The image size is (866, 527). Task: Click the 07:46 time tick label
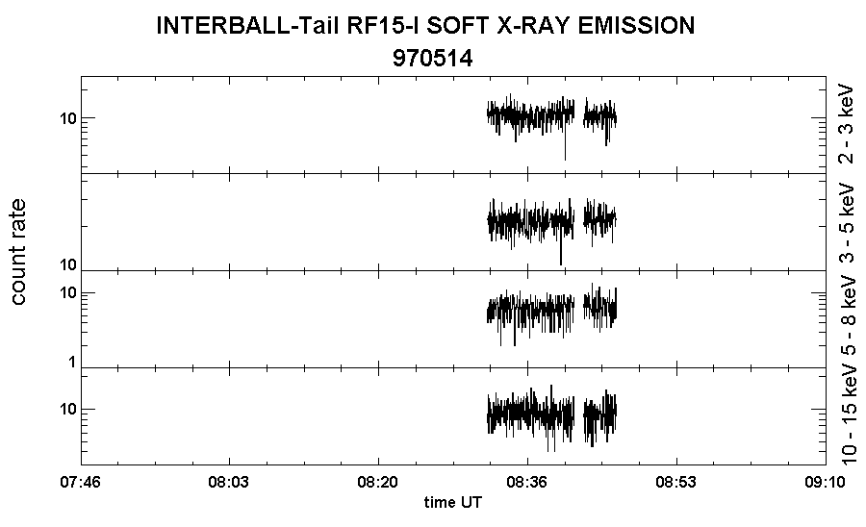pyautogui.click(x=81, y=483)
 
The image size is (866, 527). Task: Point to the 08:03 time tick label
pyautogui.click(x=229, y=483)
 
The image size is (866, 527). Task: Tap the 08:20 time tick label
pyautogui.click(x=378, y=483)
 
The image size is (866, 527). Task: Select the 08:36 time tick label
pyautogui.click(x=527, y=483)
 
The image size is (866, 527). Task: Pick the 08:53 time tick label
pyautogui.click(x=676, y=483)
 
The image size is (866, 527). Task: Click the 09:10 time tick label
pyautogui.click(x=826, y=483)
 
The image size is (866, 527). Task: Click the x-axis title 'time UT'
pyautogui.click(x=453, y=502)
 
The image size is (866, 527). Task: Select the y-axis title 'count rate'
pyautogui.click(x=18, y=252)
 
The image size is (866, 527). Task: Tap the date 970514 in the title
pyautogui.click(x=432, y=58)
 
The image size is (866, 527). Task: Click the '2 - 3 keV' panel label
pyautogui.click(x=846, y=124)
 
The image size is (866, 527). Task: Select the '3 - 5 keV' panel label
pyautogui.click(x=846, y=222)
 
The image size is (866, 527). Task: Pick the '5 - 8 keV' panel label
pyautogui.click(x=846, y=317)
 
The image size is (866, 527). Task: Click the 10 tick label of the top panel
pyautogui.click(x=68, y=118)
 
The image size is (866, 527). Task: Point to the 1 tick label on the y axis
pyautogui.click(x=72, y=362)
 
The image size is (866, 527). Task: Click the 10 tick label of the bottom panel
pyautogui.click(x=68, y=410)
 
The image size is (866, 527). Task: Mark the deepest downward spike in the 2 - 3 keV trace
pyautogui.click(x=565, y=160)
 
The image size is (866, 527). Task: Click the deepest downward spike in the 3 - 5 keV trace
pyautogui.click(x=561, y=264)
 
